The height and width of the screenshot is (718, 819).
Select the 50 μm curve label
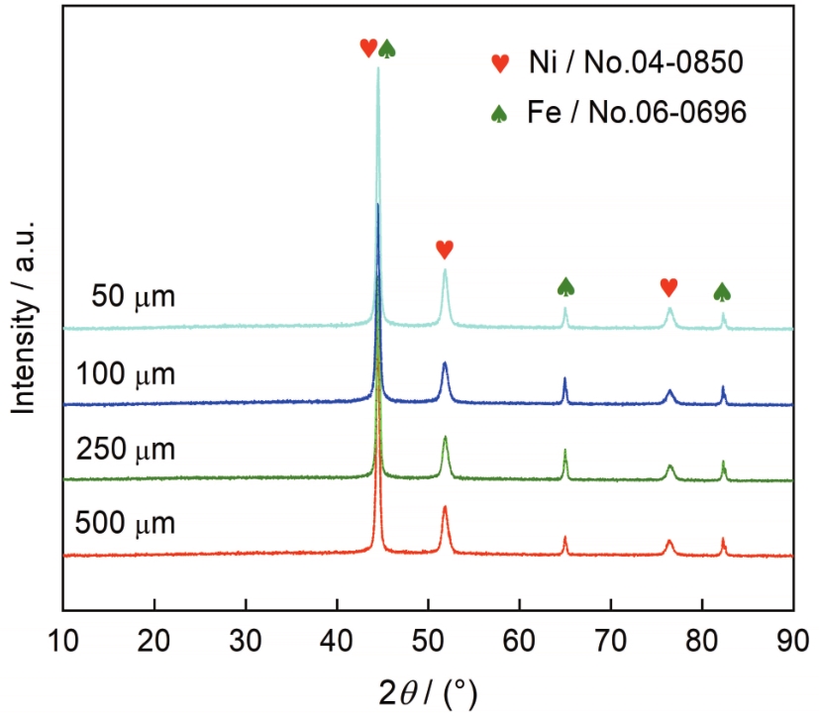click(x=133, y=295)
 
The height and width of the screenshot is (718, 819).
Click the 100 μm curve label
click(x=126, y=374)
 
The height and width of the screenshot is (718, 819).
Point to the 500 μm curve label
click(x=126, y=522)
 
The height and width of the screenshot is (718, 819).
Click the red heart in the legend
click(x=501, y=64)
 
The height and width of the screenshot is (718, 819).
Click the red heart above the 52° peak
click(x=445, y=249)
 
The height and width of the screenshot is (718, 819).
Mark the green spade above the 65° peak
click(x=565, y=287)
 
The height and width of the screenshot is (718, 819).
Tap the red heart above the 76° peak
click(x=669, y=287)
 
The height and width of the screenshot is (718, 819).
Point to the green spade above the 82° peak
click(x=723, y=291)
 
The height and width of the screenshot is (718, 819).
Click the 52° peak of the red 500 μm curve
click(x=445, y=508)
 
